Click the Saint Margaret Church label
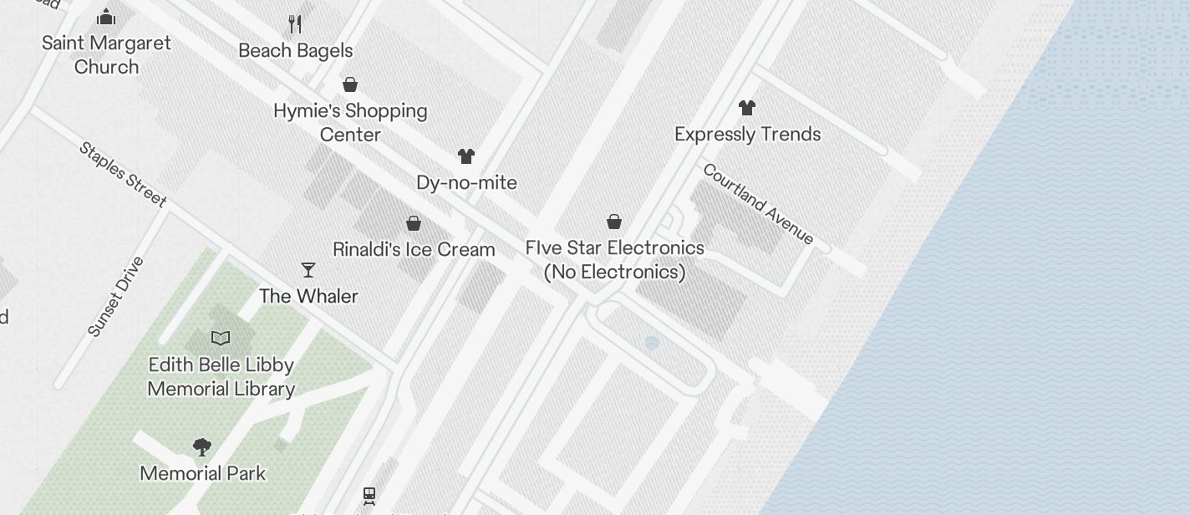(x=106, y=54)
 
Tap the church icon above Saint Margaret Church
(x=106, y=17)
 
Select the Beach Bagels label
(x=296, y=50)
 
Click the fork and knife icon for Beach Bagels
(x=295, y=23)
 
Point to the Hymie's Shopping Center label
(x=350, y=122)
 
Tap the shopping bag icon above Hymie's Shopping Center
(x=350, y=84)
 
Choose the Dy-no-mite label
(x=466, y=182)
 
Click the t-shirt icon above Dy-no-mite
(x=466, y=156)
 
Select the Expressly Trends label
(x=747, y=134)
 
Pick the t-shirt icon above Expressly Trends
(x=747, y=108)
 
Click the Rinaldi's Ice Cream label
(x=414, y=249)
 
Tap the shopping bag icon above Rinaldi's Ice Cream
(x=414, y=223)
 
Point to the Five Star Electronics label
(x=614, y=259)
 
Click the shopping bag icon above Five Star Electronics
(x=614, y=222)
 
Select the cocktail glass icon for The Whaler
(x=308, y=270)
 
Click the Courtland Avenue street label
(x=758, y=203)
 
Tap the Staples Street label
(x=123, y=174)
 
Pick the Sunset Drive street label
(x=116, y=297)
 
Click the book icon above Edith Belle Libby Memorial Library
(x=221, y=339)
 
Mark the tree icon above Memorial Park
(x=202, y=447)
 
